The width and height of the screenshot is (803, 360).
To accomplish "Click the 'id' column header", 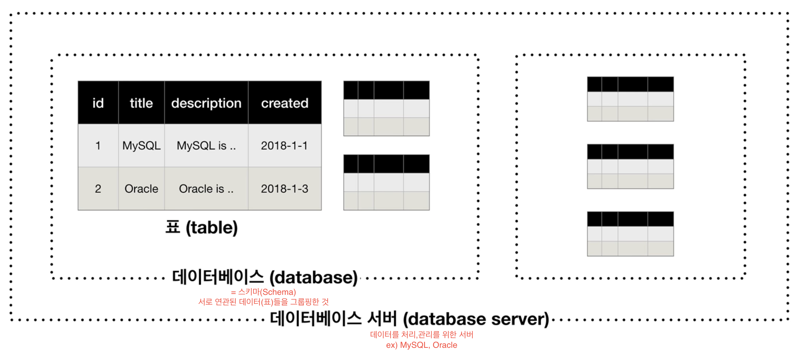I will pyautogui.click(x=98, y=103).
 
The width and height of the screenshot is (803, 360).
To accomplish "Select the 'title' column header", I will pyautogui.click(x=141, y=103).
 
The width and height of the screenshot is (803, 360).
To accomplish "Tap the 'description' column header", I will pyautogui.click(x=206, y=103).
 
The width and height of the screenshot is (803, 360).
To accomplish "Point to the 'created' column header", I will pyautogui.click(x=285, y=103).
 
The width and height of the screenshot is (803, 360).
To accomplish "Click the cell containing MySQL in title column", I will pyautogui.click(x=141, y=146).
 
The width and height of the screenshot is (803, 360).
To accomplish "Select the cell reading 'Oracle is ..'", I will pyautogui.click(x=206, y=189).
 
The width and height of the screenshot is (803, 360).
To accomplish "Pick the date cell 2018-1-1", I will pyautogui.click(x=285, y=146).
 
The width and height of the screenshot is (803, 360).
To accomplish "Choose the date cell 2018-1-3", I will pyautogui.click(x=285, y=189).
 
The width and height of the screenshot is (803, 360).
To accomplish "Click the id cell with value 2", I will pyautogui.click(x=98, y=189).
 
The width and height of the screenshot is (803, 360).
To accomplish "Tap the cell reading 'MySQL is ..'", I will pyautogui.click(x=206, y=146).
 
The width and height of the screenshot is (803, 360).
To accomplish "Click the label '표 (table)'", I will pyautogui.click(x=202, y=228).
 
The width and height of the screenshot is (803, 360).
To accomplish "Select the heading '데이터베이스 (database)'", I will pyautogui.click(x=265, y=277).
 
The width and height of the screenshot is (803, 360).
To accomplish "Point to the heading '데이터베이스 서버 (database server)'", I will pyautogui.click(x=409, y=319).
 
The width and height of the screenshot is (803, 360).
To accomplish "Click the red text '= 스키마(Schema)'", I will pyautogui.click(x=263, y=292).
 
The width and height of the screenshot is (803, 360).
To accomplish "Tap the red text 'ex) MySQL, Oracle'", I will pyautogui.click(x=422, y=345).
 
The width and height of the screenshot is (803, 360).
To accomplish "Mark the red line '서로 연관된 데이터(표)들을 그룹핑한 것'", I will pyautogui.click(x=263, y=302).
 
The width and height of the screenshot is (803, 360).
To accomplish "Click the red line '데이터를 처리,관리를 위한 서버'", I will pyautogui.click(x=422, y=335).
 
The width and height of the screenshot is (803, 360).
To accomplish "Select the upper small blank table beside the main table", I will pyautogui.click(x=386, y=108).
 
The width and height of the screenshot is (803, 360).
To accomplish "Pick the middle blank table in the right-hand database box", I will pyautogui.click(x=630, y=167).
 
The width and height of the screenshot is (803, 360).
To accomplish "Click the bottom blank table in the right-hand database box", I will pyautogui.click(x=630, y=234).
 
